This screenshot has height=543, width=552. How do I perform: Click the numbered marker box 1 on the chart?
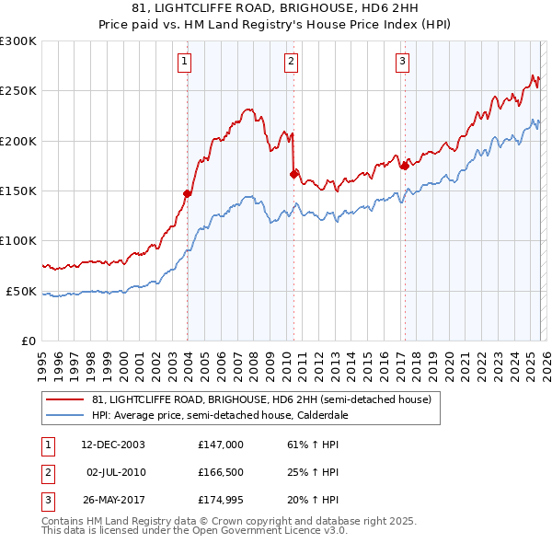[185, 62]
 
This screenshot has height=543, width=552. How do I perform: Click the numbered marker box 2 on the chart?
[291, 62]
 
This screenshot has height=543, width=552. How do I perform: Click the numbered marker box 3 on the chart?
[403, 62]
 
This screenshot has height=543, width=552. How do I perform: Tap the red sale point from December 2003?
[188, 193]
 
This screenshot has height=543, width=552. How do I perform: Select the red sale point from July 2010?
[294, 173]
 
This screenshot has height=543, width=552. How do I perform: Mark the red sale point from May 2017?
[405, 166]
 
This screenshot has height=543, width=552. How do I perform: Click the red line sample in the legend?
[66, 399]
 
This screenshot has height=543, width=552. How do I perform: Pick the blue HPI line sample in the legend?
[66, 415]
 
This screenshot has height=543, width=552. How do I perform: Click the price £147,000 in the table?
[220, 445]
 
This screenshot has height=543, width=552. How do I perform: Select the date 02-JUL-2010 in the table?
[116, 473]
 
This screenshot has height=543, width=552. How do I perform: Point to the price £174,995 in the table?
[220, 502]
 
